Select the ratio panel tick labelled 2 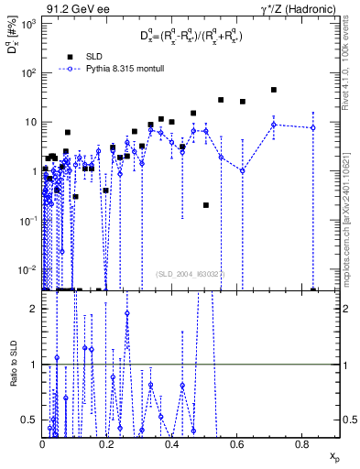pos(33,309)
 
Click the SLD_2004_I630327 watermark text pos(195,272)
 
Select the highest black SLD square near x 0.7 pos(274,90)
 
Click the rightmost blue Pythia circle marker pos(313,127)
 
